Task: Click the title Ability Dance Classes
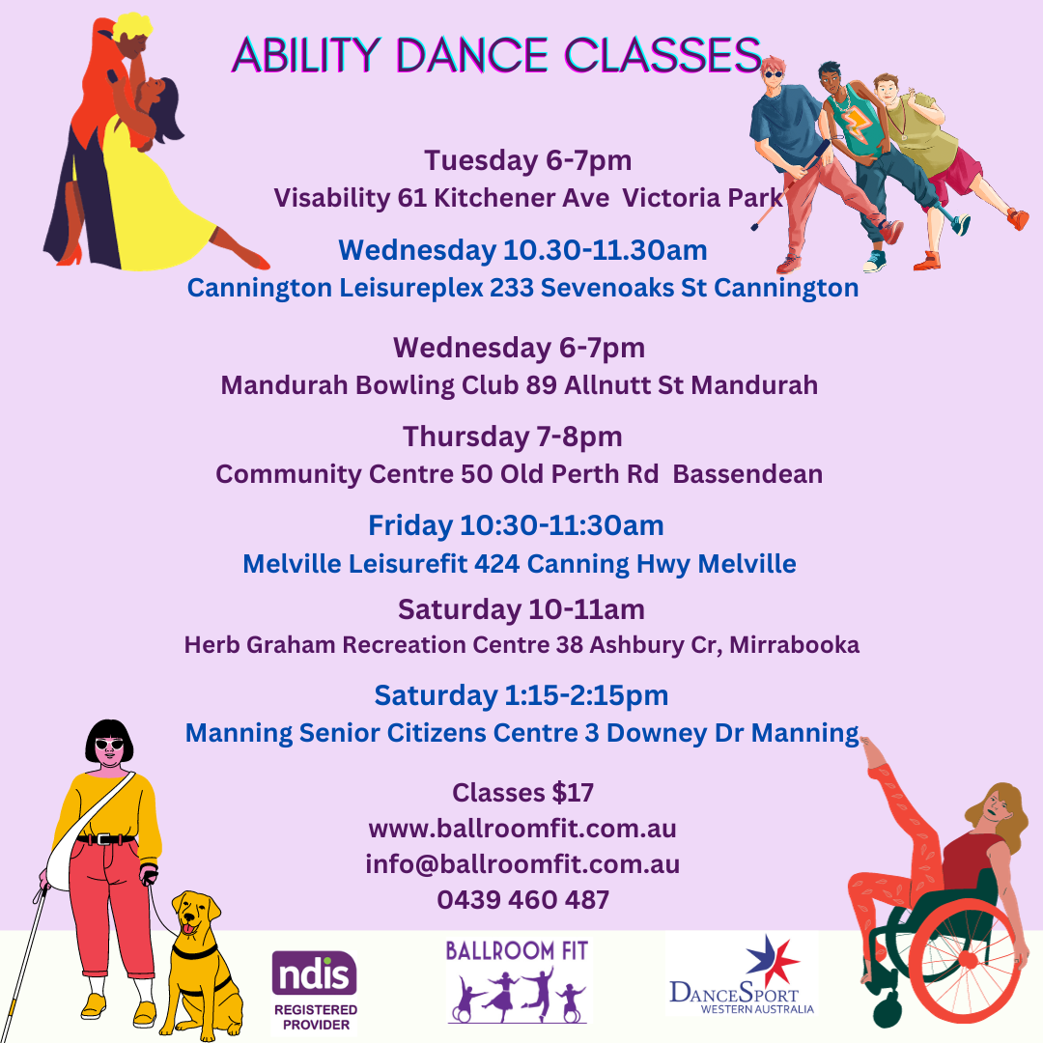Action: pos(495,55)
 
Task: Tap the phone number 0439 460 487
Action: pos(522,900)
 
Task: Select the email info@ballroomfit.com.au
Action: pos(522,864)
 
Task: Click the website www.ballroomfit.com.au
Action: pos(522,829)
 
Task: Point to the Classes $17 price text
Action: pos(522,793)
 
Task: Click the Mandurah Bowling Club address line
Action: pos(520,385)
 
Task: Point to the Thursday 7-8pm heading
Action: pos(513,437)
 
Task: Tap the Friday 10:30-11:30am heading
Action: pos(516,525)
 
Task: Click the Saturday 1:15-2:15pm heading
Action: pos(521,695)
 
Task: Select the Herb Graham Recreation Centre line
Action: pos(521,644)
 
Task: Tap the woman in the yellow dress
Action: pos(155,183)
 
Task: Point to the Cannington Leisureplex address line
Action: pos(522,288)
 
